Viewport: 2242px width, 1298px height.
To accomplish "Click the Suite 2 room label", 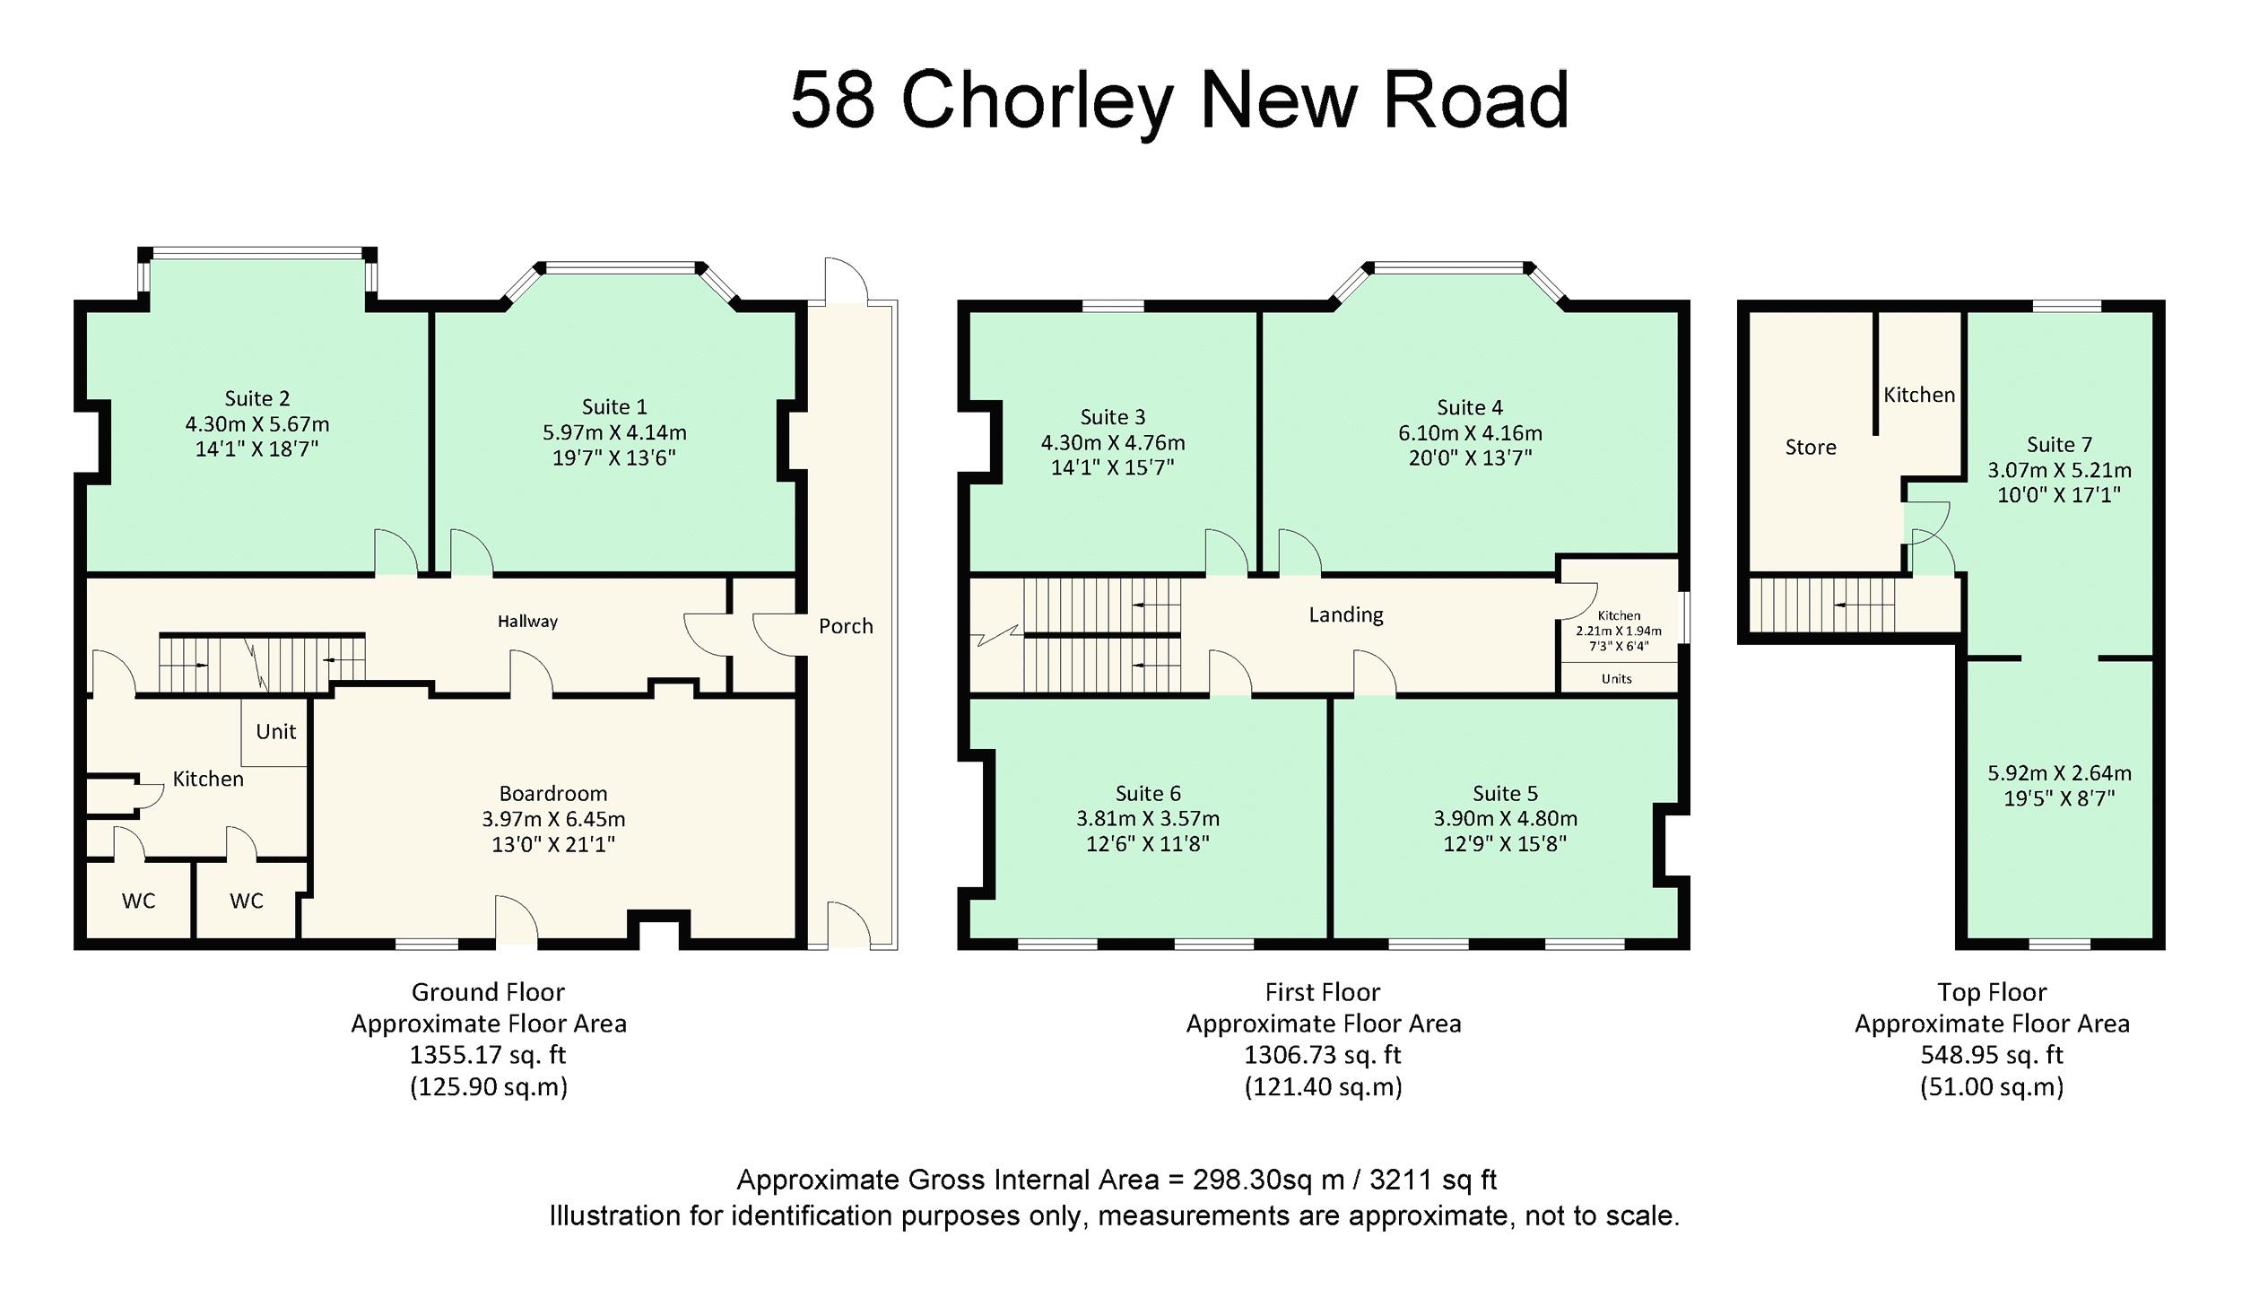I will pos(256,398).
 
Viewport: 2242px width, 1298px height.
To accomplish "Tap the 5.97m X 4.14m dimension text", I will pos(613,432).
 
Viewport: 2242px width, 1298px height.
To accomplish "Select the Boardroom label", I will pos(552,793).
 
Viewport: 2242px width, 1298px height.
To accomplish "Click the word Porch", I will pos(845,626).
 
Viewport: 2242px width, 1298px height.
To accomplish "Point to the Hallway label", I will pos(527,621).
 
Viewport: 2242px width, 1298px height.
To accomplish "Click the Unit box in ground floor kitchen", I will pos(275,732).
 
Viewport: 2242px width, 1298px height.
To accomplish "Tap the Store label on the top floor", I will pos(1810,447).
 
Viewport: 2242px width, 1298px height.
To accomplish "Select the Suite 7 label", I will pos(2059,444).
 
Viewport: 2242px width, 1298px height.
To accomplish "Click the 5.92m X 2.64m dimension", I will pos(2059,773).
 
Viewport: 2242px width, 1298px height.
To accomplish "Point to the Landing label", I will pos(1345,614).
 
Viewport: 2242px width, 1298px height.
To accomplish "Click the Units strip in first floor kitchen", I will pos(1616,679).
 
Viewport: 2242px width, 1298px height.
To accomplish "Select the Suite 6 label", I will pos(1147,793).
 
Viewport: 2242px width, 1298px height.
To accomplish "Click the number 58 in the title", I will pos(831,100).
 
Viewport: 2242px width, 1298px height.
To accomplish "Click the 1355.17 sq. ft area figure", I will pos(488,1055).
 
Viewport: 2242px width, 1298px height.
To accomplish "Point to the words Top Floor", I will pos(1991,992).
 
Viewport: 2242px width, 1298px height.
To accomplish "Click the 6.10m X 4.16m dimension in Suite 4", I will pos(1469,433).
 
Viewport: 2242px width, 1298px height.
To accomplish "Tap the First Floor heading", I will pos(1322,992).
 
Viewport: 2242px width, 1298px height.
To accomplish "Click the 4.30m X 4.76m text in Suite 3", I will pos(1112,443).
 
